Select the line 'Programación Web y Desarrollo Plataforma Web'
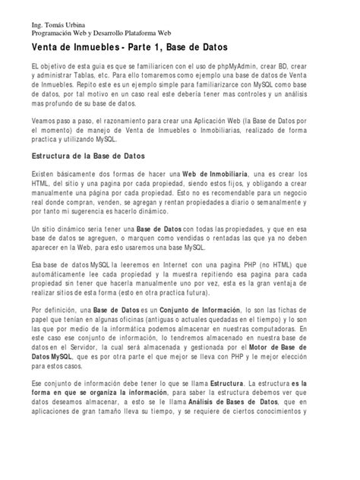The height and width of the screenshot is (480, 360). pyautogui.click(x=100, y=35)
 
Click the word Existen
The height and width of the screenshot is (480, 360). pyautogui.click(x=45, y=175)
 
